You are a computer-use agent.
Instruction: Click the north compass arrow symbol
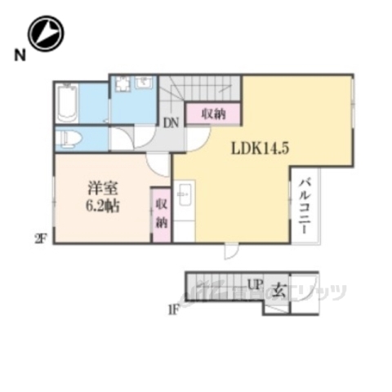(46, 33)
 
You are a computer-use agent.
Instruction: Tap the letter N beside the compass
(17, 56)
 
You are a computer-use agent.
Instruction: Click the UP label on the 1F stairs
(255, 286)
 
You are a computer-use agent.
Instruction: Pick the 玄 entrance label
(278, 287)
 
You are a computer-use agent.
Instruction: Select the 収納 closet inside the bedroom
(159, 212)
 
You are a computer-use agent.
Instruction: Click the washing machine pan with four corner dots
(123, 84)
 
